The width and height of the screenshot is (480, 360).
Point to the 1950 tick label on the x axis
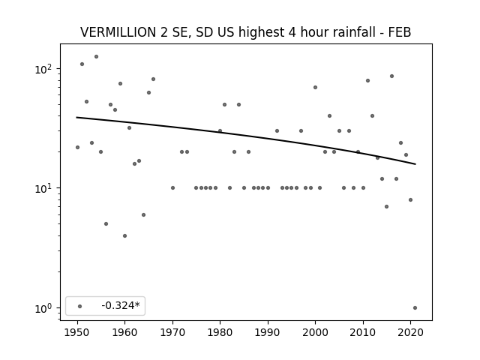pyautogui.click(x=77, y=332)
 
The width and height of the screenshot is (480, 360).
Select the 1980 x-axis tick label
pyautogui.click(x=220, y=332)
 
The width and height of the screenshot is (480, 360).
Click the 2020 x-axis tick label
pyautogui.click(x=411, y=332)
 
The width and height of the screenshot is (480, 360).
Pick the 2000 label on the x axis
pyautogui.click(x=316, y=332)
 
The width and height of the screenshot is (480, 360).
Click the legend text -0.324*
pyautogui.click(x=121, y=305)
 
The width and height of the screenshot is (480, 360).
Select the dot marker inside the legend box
pyautogui.click(x=80, y=306)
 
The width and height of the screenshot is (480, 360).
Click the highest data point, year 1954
pyautogui.click(x=96, y=57)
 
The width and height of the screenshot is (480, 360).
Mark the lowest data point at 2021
pyautogui.click(x=415, y=308)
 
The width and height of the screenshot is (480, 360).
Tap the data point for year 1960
pyautogui.click(x=125, y=235)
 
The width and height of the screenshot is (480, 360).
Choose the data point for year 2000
pyautogui.click(x=315, y=87)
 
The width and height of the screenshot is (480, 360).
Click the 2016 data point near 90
pyautogui.click(x=391, y=76)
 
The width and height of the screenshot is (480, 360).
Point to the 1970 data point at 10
pyautogui.click(x=172, y=188)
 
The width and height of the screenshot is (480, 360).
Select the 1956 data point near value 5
pyautogui.click(x=106, y=223)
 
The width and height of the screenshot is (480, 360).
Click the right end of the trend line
pyautogui.click(x=415, y=164)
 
